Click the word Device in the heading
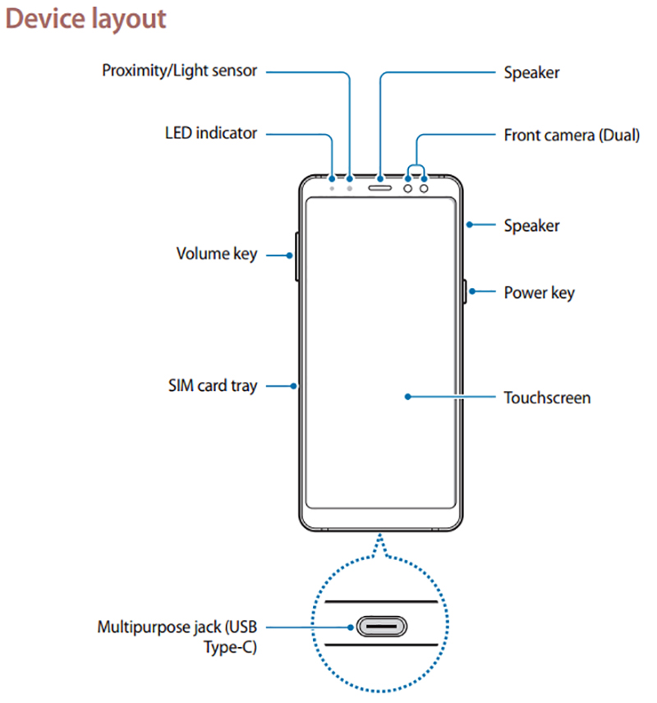pos(42,18)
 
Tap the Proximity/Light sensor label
pos(179,71)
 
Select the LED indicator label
pos(211,132)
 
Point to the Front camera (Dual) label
pos(572,135)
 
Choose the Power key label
pos(539,292)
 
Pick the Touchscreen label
pos(547,397)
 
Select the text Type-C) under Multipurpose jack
pos(230,648)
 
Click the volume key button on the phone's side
pos(296,255)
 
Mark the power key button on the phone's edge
pos(465,292)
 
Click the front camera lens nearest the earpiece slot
pos(408,187)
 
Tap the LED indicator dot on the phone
pos(333,187)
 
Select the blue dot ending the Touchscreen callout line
pos(408,397)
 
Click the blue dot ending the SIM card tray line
pos(294,385)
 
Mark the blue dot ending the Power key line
pos(471,292)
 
